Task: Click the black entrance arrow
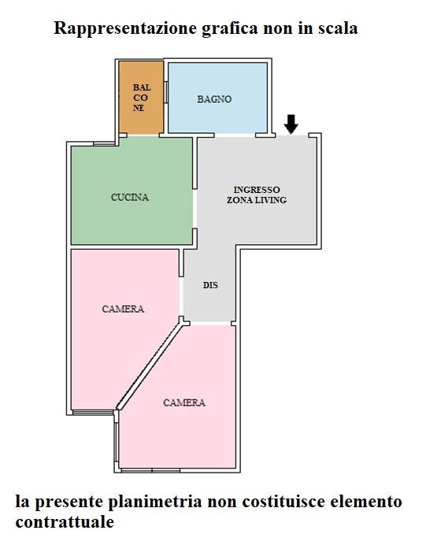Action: point(291,124)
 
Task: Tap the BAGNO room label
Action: point(214,99)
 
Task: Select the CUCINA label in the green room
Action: point(130,198)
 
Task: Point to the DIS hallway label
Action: point(210,285)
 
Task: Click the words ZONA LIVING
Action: point(257,200)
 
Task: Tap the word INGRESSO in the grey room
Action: point(257,190)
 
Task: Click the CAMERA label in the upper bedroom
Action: point(123,309)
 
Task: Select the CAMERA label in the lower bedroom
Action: point(184,402)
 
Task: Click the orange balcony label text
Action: point(142,98)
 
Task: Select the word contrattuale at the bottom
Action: point(65,522)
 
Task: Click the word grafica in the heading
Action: point(230,28)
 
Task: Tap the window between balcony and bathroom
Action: point(165,92)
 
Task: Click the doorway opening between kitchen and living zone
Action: point(195,209)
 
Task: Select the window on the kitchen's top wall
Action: point(104,143)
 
